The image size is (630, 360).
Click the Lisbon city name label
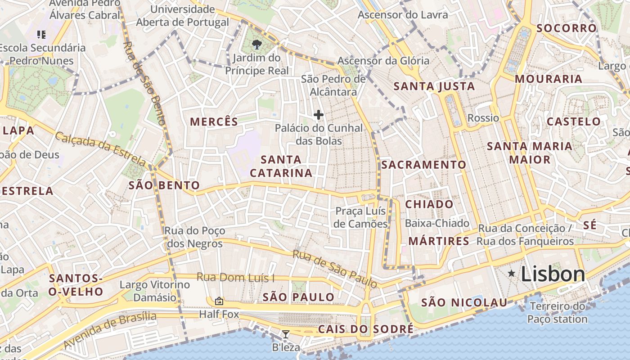(553, 274)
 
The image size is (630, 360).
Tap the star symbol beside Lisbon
(511, 273)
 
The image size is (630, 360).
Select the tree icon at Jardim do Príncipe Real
(256, 44)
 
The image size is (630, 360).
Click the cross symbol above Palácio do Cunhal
(319, 115)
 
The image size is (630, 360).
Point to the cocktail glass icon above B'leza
(285, 334)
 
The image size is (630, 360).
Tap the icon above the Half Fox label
(219, 301)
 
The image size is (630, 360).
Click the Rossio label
(483, 118)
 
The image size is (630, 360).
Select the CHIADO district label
(429, 204)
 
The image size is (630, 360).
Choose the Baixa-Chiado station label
(437, 223)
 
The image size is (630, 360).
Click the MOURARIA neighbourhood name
(548, 79)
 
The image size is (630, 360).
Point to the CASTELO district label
(573, 121)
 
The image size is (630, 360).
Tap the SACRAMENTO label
(423, 165)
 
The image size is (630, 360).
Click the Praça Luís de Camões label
(361, 217)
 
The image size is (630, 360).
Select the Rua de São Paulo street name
(335, 269)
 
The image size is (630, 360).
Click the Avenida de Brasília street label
(110, 330)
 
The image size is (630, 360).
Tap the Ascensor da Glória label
(383, 61)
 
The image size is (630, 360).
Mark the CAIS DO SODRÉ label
(365, 329)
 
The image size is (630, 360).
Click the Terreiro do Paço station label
(558, 313)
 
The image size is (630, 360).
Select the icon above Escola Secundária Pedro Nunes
(41, 34)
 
